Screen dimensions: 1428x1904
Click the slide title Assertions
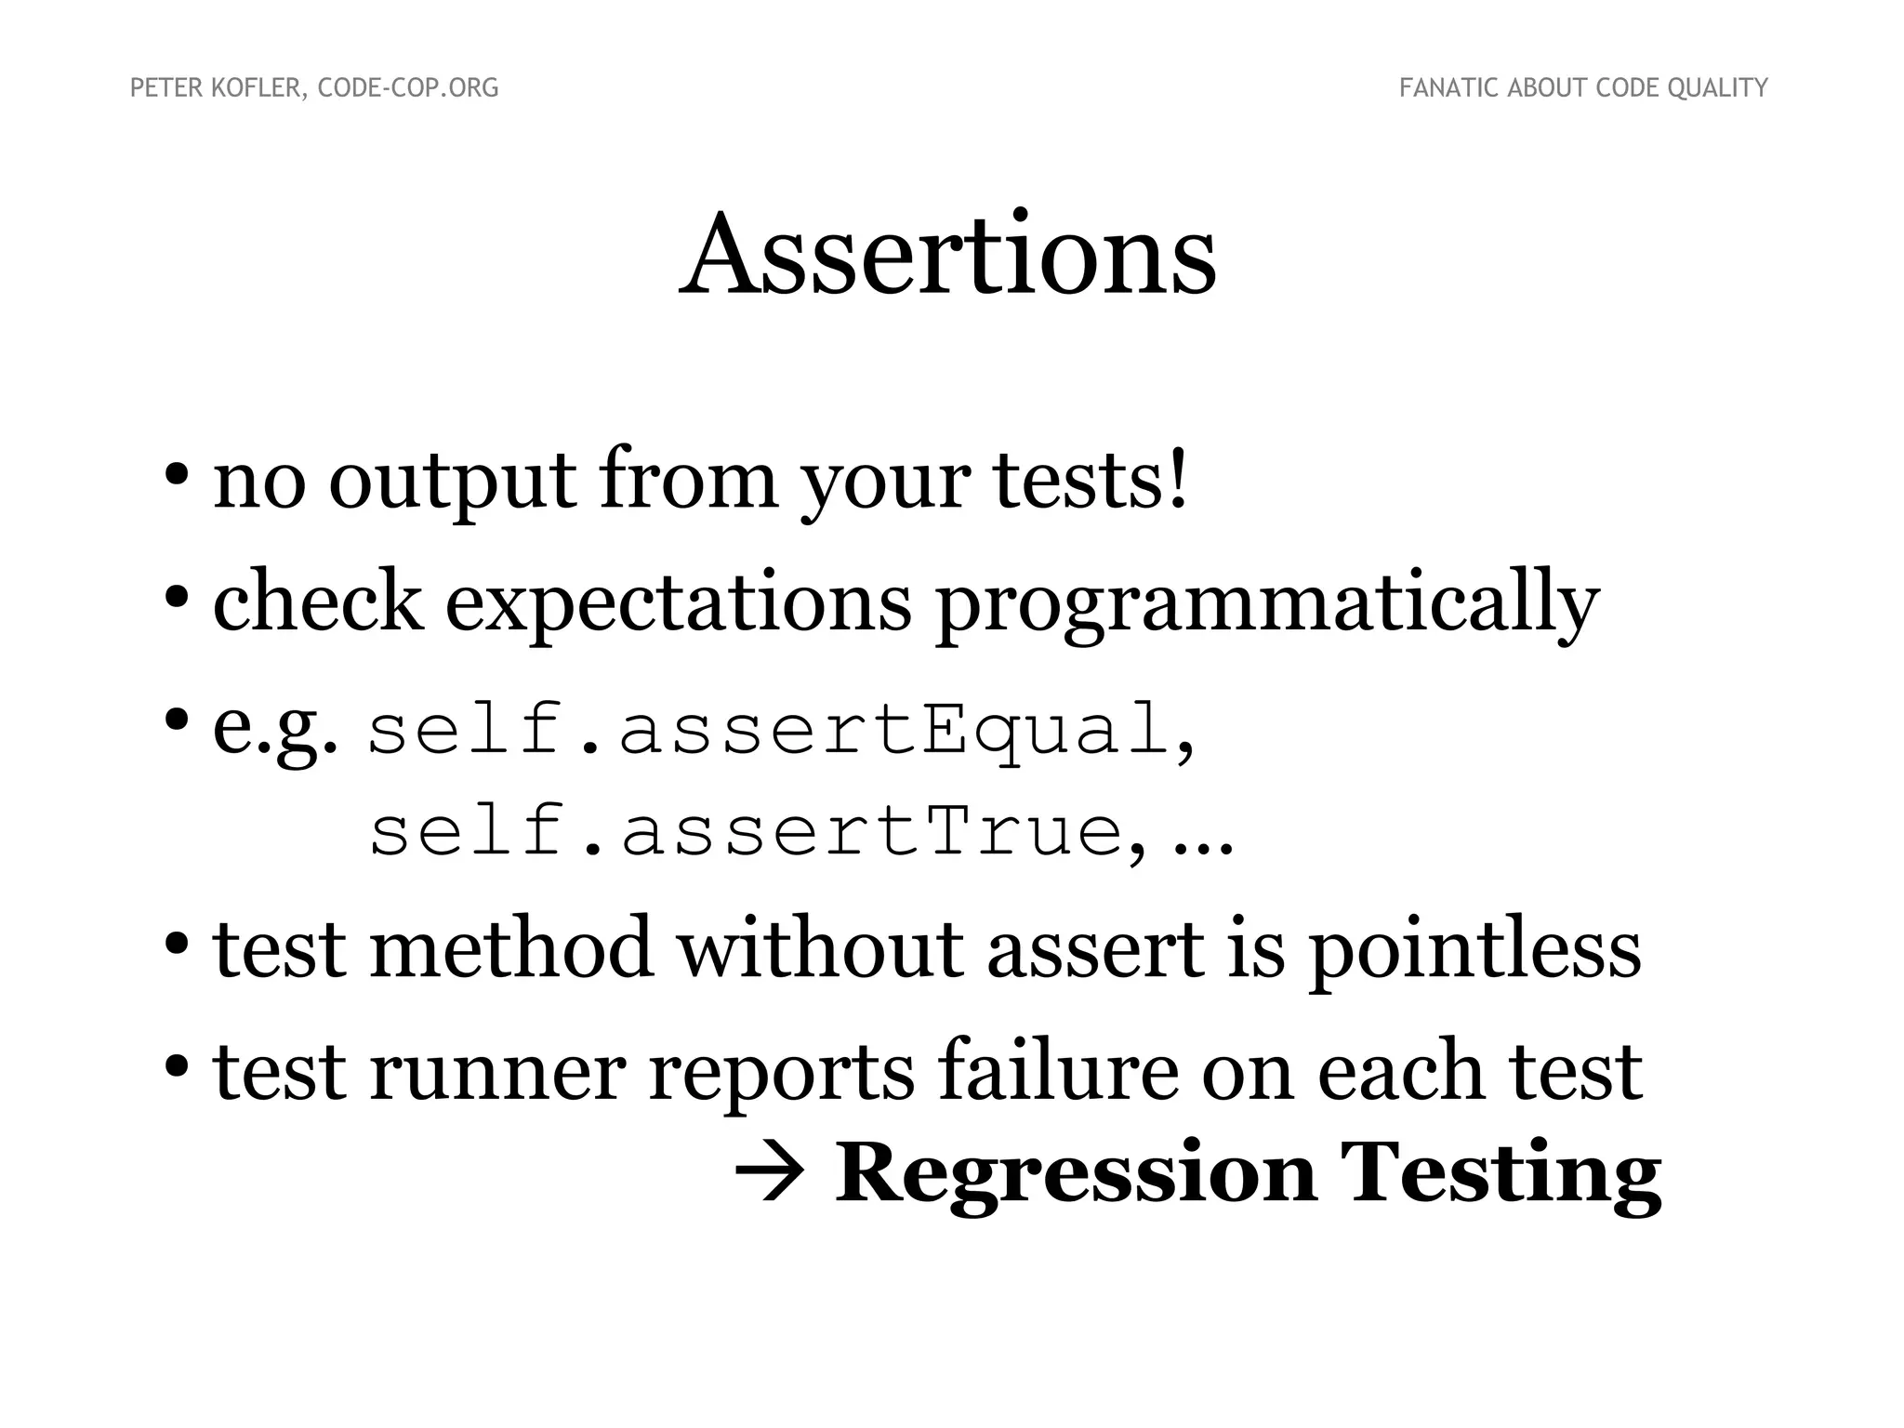pyautogui.click(x=947, y=255)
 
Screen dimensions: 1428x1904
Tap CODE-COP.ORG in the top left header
pyautogui.click(x=408, y=88)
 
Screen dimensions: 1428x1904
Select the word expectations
pyautogui.click(x=679, y=603)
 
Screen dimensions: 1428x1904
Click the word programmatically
pyautogui.click(x=1266, y=605)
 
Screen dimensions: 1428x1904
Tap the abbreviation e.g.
pyautogui.click(x=275, y=730)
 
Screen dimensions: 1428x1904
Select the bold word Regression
pyautogui.click(x=1075, y=1176)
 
